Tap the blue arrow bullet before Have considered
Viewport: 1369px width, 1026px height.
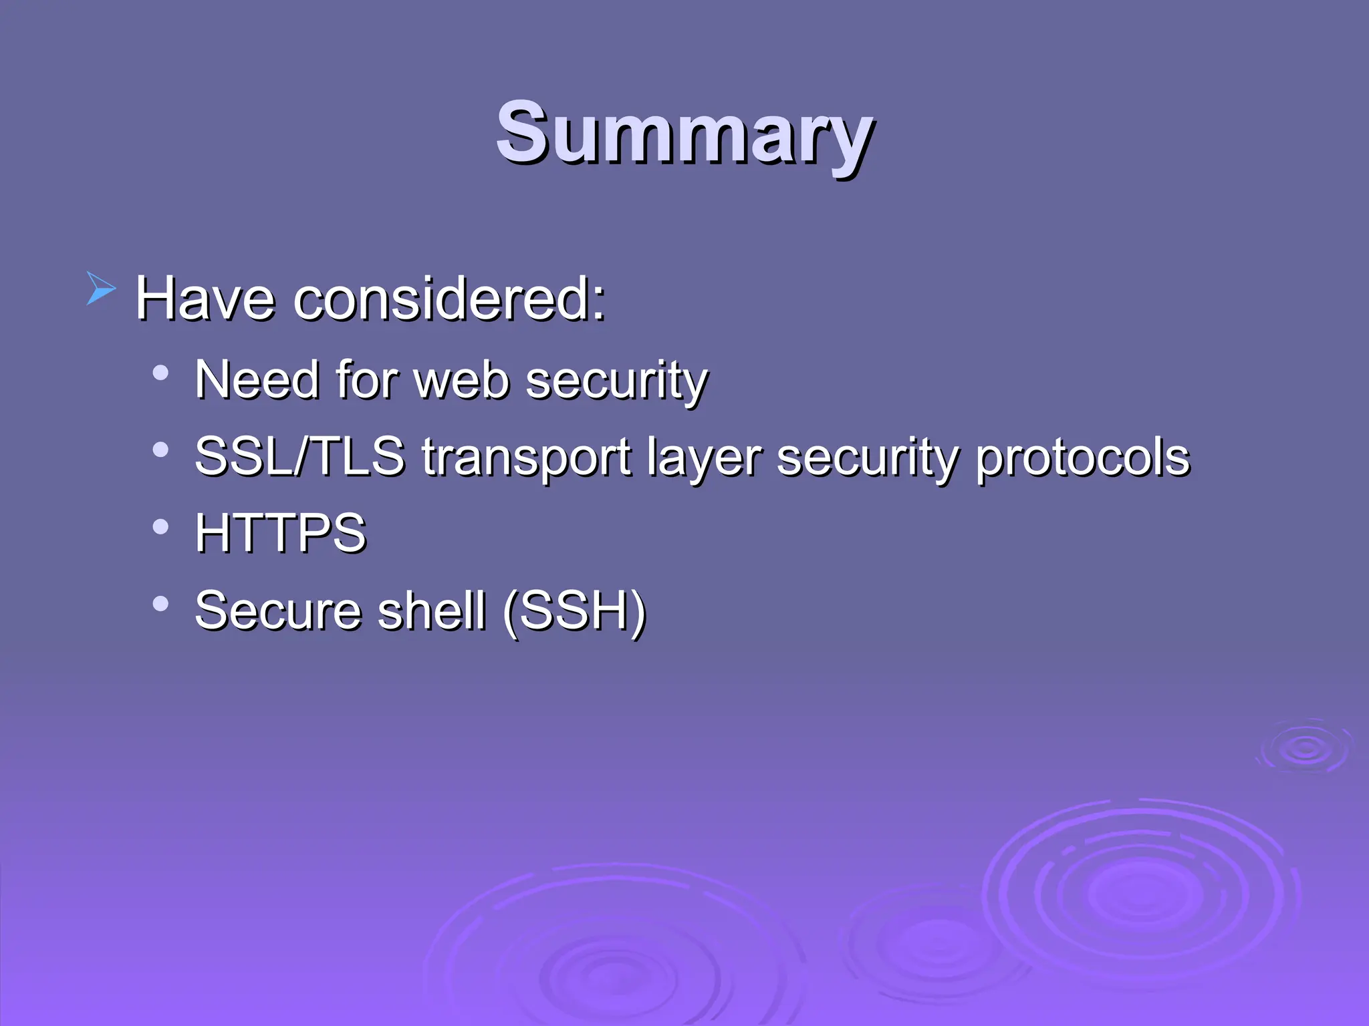point(101,289)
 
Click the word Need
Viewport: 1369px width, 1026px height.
point(257,380)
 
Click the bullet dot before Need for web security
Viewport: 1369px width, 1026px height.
point(160,373)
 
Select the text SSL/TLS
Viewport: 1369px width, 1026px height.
point(299,457)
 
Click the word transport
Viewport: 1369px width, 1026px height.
point(527,458)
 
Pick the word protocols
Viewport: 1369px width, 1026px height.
point(1082,458)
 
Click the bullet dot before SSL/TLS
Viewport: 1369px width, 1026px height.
point(160,450)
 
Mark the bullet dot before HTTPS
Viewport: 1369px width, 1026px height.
point(160,527)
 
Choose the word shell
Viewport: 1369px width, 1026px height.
point(431,611)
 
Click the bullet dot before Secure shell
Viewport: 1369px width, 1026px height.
point(160,604)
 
